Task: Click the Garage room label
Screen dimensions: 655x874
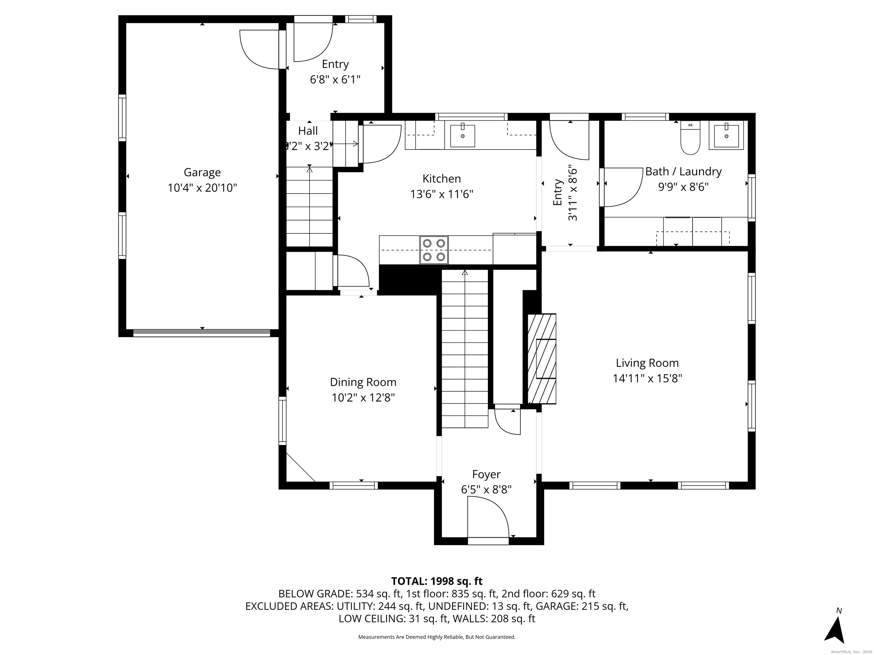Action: point(202,173)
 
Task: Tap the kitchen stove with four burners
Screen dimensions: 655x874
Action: point(434,250)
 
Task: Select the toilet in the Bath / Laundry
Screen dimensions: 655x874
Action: point(690,138)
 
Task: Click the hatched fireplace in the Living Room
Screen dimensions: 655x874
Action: point(542,358)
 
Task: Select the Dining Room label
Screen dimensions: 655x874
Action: point(363,382)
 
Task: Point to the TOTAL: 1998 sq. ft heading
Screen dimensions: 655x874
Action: point(437,581)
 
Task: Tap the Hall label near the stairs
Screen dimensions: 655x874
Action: point(308,131)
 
